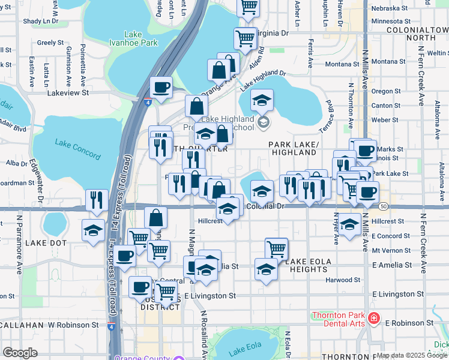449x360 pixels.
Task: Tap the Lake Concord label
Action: tap(77, 149)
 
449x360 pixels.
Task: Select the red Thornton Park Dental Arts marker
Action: tap(373, 318)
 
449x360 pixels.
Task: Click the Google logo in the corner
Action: tap(20, 353)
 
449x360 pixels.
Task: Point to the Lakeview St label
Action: tap(68, 93)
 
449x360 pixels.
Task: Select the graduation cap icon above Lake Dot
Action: tap(93, 230)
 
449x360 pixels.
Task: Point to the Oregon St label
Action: tap(382, 91)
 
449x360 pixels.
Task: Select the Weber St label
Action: tap(381, 120)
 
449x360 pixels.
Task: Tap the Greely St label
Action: tap(50, 43)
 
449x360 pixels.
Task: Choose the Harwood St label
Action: tap(343, 280)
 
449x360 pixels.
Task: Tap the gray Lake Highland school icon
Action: tap(263, 123)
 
